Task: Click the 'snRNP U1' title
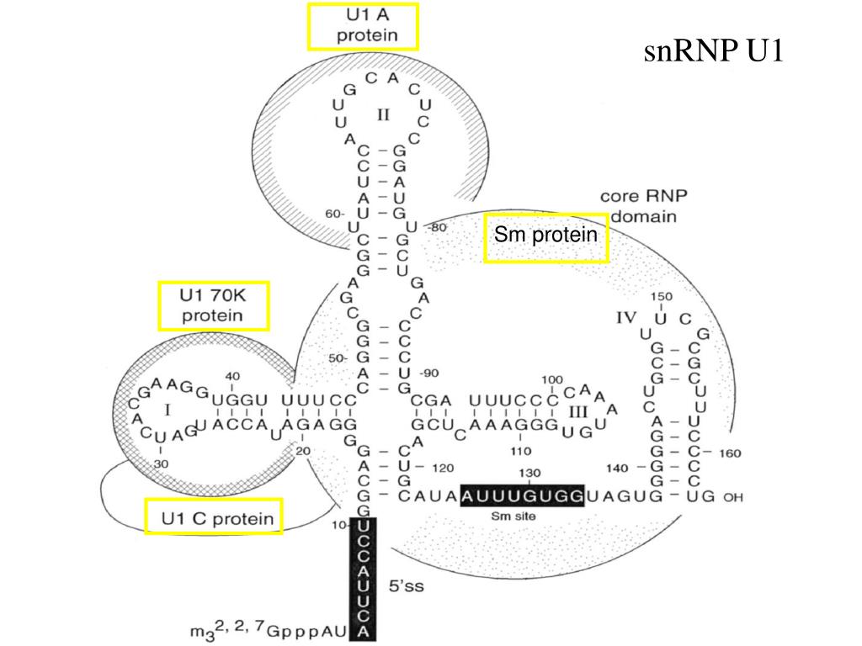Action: [x=714, y=51]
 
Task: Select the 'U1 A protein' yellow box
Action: [x=364, y=26]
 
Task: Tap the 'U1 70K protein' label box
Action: [x=214, y=306]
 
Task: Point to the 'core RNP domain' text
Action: [x=643, y=206]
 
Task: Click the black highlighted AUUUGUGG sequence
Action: [x=522, y=496]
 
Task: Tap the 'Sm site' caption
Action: [x=512, y=516]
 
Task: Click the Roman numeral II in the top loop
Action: [x=383, y=114]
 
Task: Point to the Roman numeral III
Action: [x=578, y=411]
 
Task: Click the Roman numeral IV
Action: [x=626, y=318]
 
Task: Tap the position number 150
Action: [x=662, y=297]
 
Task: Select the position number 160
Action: [x=730, y=453]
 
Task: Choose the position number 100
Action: [x=552, y=379]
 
